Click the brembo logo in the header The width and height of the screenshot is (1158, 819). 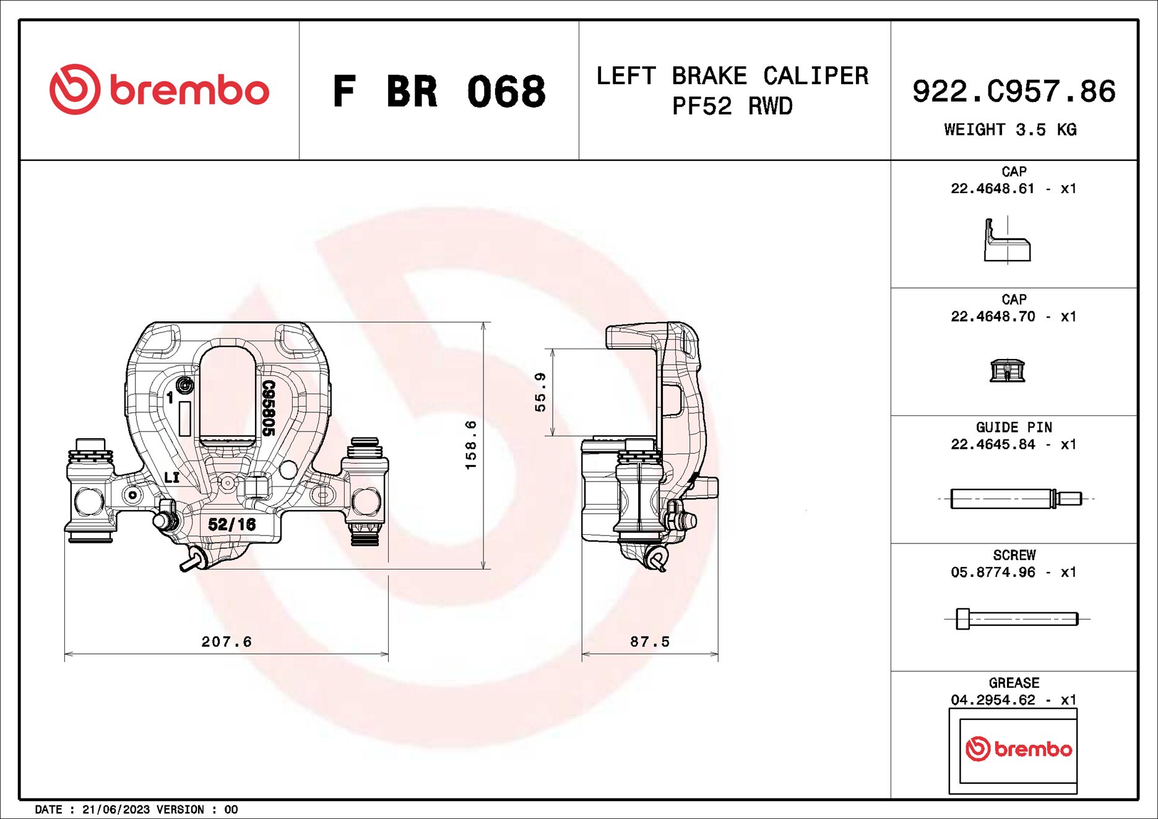point(159,90)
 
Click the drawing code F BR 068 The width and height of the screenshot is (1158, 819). point(439,92)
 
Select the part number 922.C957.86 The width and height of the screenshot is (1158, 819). point(1014,92)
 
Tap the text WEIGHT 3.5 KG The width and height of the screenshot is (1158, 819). point(1010,130)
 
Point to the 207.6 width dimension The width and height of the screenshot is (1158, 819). point(227,642)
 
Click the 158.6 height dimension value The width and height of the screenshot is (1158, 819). point(471,444)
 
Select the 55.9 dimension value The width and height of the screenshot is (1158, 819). point(540,392)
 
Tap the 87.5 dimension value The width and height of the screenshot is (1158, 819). point(650,642)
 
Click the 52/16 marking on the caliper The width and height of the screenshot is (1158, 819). point(231,525)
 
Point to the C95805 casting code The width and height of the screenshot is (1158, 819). point(268,408)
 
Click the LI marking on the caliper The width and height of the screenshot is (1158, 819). point(171,477)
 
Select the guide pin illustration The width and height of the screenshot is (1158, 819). point(1016,498)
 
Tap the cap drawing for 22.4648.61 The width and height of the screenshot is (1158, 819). point(1007,241)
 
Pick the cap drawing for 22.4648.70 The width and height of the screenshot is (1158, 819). point(1007,371)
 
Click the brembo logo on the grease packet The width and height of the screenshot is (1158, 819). point(1018,749)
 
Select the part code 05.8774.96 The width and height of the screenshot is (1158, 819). point(993,573)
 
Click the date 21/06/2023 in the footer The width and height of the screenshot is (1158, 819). point(116,810)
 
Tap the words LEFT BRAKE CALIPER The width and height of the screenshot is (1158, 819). point(732,76)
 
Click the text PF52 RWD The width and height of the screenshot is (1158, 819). point(732,106)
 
